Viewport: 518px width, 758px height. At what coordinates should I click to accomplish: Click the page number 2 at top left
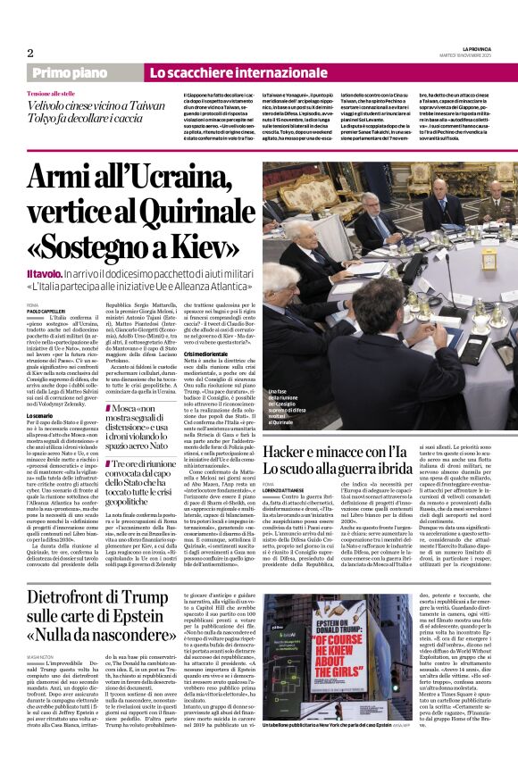pos(29,54)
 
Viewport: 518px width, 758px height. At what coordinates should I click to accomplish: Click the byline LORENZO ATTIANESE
pos(285,489)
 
